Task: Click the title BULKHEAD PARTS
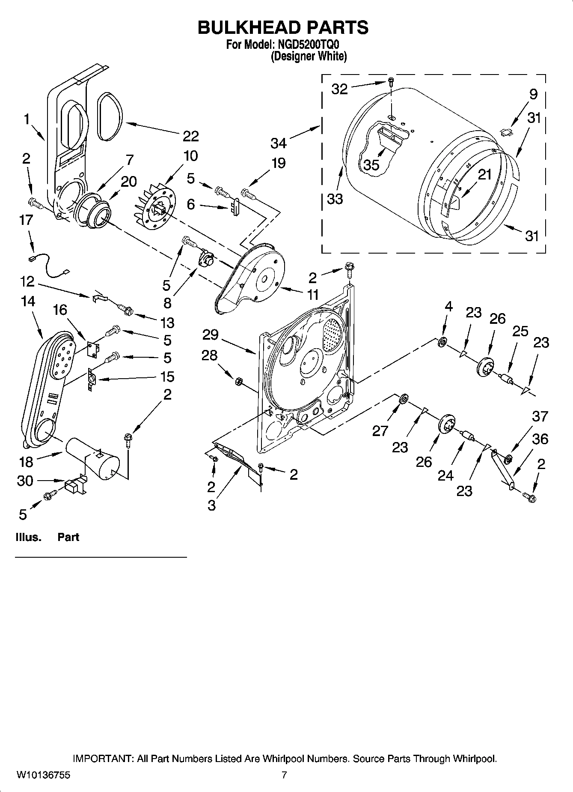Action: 283,27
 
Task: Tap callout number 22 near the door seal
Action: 190,136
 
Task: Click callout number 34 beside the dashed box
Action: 278,143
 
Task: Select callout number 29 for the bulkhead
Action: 211,335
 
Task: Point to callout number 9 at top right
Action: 533,94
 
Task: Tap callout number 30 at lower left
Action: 25,481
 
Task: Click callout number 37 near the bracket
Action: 540,416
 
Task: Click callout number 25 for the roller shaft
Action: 520,331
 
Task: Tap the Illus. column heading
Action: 28,537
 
